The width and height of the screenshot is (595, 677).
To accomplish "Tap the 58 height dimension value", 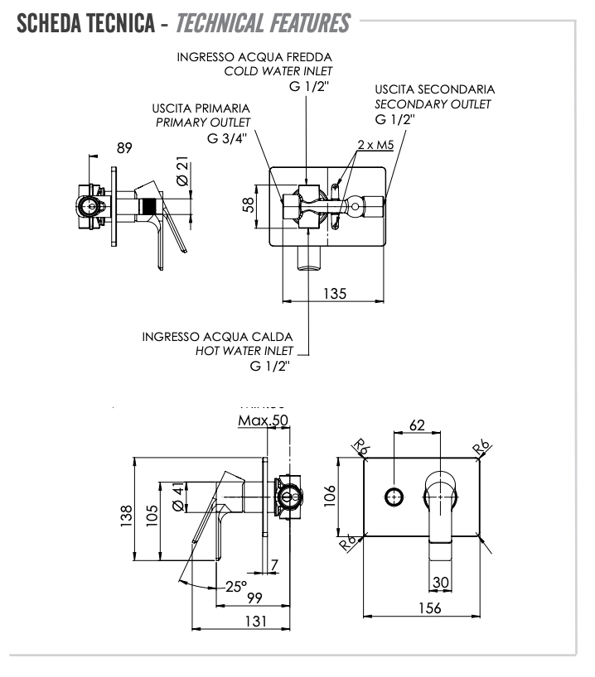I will pos(249,204).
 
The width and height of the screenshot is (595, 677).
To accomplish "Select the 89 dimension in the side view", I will pos(124,149).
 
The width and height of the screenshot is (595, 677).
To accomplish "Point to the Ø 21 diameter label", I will pos(183,171).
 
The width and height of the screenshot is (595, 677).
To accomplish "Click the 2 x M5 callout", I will pos(375,145).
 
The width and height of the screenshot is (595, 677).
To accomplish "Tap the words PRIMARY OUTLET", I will pos(203,122).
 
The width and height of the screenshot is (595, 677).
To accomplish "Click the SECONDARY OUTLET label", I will pos(433,103).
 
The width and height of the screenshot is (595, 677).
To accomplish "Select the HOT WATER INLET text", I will pos(244,351).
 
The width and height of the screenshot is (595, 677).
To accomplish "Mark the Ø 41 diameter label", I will pos(177,499).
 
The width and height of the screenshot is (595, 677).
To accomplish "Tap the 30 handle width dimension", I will pos(441,583).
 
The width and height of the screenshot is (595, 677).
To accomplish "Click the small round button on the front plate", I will pos(394,497).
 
